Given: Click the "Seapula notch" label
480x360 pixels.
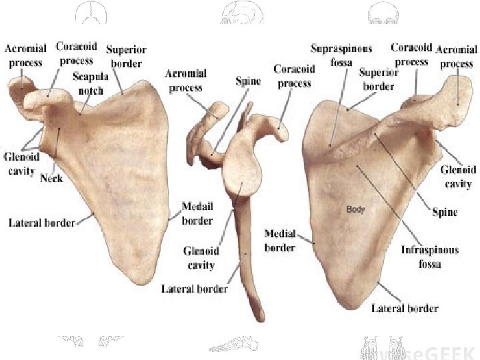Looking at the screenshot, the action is point(91,83).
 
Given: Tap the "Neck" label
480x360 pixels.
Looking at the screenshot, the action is point(51,178).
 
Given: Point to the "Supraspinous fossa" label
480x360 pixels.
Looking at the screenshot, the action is point(341,55).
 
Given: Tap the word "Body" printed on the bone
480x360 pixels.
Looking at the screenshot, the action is point(355,209).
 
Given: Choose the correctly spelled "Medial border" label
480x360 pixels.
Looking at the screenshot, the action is point(280,241).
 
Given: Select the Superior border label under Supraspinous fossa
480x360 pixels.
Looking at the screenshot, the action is point(378,79).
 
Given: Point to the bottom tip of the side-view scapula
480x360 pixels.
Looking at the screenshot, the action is point(258,316).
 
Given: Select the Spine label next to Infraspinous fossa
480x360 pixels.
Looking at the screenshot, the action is point(445,212).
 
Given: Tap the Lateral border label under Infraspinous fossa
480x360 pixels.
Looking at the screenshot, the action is point(405,308).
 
